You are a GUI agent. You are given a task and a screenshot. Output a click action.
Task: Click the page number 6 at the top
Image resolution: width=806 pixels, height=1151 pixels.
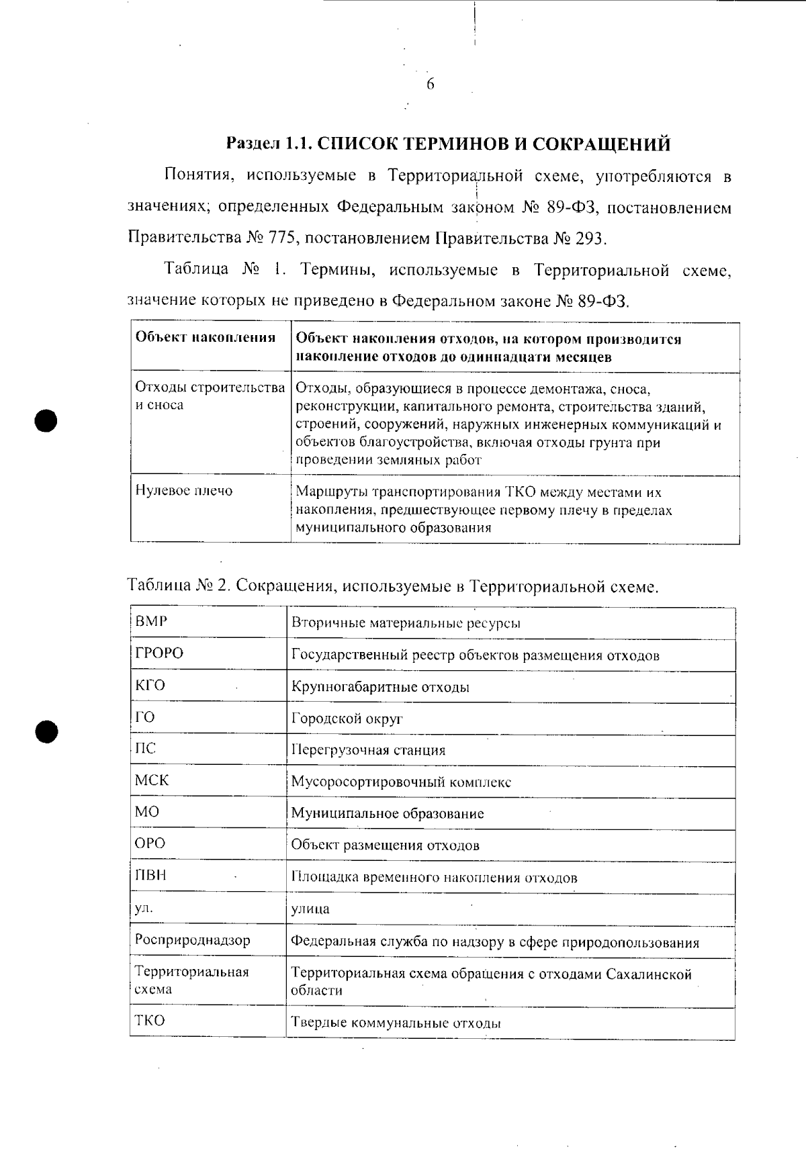click(x=430, y=85)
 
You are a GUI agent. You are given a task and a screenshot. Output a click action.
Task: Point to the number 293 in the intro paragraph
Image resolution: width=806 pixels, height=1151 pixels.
click(x=590, y=238)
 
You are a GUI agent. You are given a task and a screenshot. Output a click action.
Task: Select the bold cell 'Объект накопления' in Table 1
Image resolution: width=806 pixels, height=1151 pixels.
click(x=206, y=338)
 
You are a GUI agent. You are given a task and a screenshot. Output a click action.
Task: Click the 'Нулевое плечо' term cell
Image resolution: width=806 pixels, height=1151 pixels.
click(x=184, y=491)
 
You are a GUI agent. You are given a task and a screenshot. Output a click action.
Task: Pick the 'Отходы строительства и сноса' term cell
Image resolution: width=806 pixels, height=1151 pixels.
click(x=210, y=396)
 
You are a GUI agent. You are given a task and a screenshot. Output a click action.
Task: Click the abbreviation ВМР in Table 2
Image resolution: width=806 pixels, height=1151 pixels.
click(x=151, y=622)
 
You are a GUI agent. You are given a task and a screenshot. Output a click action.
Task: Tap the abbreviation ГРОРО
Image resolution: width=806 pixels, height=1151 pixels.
click(x=159, y=653)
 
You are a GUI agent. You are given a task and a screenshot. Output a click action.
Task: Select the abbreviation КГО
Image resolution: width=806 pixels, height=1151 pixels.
click(x=150, y=686)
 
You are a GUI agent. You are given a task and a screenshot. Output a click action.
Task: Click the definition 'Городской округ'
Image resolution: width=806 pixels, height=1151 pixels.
click(x=347, y=719)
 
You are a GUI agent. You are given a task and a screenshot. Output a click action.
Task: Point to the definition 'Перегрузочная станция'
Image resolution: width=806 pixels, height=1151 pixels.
click(x=368, y=750)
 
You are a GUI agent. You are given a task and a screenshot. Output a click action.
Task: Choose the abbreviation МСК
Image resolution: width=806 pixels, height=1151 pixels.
click(x=152, y=781)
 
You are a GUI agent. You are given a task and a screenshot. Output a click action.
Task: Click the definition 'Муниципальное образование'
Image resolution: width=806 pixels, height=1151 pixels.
click(x=387, y=814)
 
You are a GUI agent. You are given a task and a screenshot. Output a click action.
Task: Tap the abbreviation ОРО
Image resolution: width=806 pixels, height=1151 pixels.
click(x=150, y=843)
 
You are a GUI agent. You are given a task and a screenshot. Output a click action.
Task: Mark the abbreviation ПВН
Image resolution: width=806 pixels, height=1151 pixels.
click(x=150, y=876)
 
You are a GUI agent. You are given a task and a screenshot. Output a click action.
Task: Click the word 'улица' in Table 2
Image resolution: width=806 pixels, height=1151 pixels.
click(x=310, y=909)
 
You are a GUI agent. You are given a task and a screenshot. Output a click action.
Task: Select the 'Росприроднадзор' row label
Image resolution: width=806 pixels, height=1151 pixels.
click(x=192, y=940)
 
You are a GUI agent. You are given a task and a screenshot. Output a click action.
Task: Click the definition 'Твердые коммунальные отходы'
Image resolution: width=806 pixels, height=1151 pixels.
click(x=396, y=1023)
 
